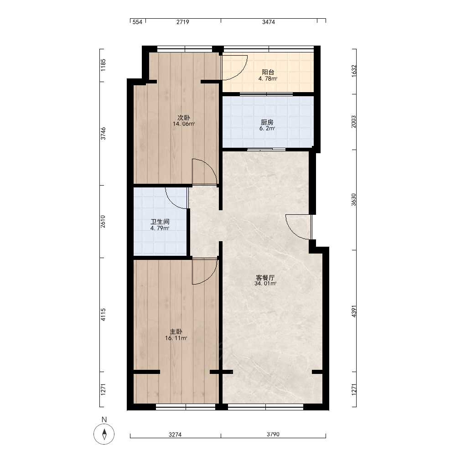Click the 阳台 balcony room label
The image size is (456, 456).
click(x=268, y=72)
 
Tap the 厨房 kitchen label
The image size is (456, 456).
click(x=267, y=122)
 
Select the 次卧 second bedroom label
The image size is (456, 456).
click(x=183, y=118)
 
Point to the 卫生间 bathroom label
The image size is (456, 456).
click(x=160, y=222)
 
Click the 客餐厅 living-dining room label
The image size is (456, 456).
click(x=265, y=277)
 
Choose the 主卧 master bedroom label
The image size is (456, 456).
click(x=176, y=332)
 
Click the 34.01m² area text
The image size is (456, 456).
click(x=265, y=284)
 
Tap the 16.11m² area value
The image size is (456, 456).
click(x=176, y=338)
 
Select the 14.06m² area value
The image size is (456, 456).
click(x=183, y=124)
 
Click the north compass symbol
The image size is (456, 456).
click(x=104, y=434)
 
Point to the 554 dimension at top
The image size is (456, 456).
click(x=137, y=22)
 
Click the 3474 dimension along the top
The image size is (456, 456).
click(x=269, y=22)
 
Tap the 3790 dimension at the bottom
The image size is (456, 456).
click(x=273, y=434)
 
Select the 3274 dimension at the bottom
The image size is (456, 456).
click(x=175, y=435)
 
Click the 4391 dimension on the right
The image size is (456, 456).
click(x=354, y=311)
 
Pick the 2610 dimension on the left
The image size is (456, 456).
click(x=103, y=221)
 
